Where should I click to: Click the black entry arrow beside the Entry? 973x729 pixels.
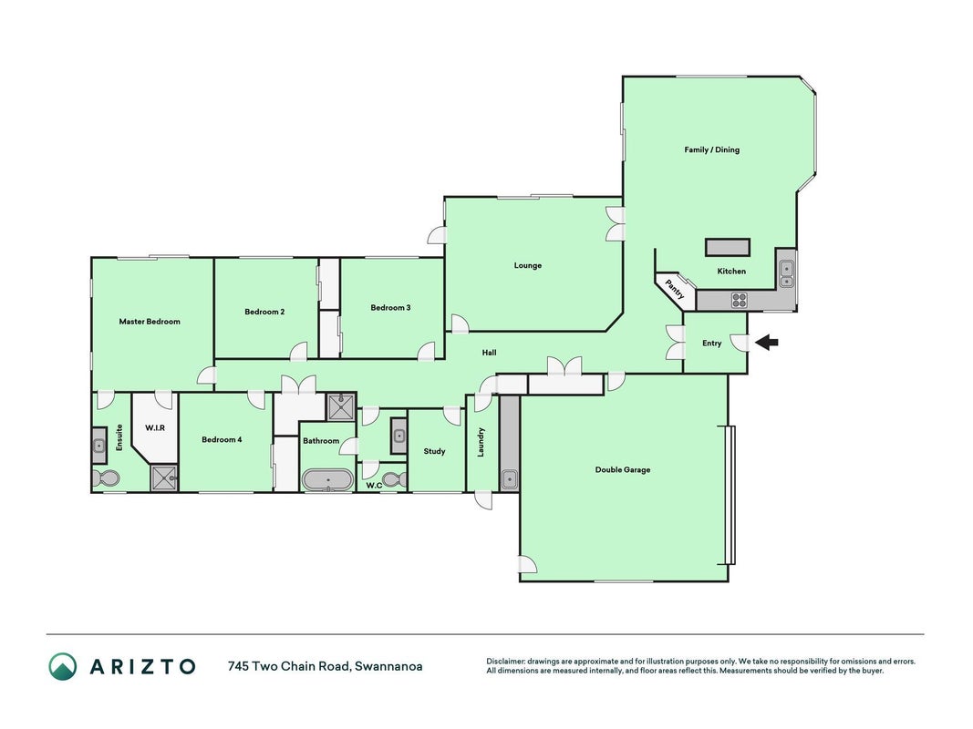click(766, 342)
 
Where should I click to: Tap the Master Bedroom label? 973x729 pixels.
click(150, 321)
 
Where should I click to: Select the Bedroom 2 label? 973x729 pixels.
click(264, 311)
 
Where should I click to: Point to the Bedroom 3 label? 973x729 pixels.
click(390, 307)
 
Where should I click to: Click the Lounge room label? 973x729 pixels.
click(527, 265)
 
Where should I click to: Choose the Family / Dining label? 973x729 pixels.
click(712, 149)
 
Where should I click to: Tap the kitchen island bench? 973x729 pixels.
click(728, 247)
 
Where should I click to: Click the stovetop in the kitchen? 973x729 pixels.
click(739, 301)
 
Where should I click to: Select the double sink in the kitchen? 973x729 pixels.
click(786, 274)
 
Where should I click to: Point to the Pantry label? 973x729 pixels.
click(675, 290)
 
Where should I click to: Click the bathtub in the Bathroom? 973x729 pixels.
click(327, 480)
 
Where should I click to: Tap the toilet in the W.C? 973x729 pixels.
click(394, 479)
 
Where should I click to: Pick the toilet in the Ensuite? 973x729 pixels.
click(105, 478)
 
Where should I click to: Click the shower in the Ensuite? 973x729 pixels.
click(164, 478)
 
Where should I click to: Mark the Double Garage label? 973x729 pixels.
click(623, 469)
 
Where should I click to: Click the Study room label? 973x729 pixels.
click(434, 451)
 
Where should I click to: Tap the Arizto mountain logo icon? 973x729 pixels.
click(63, 666)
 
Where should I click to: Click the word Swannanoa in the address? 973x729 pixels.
click(389, 666)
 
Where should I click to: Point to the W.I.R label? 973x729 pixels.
click(155, 427)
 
